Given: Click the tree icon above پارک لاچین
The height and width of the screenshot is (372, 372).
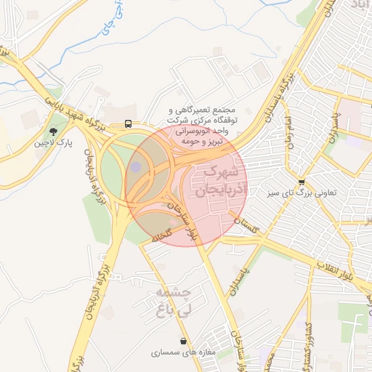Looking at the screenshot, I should coord(53,132).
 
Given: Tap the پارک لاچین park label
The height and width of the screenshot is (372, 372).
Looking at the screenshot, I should coord(54,144).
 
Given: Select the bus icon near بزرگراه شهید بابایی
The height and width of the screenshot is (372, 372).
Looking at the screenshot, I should coord(128,124).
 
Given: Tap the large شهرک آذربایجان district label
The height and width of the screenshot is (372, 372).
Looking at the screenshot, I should coord(221,182).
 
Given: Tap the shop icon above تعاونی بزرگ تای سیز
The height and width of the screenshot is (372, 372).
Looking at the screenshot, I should coord(302,182).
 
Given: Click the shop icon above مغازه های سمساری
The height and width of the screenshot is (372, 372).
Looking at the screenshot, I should coord(182,340).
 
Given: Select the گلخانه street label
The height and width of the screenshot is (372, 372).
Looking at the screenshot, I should coord(161,233).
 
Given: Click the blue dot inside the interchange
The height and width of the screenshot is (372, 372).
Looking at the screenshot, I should coord(136,168).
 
